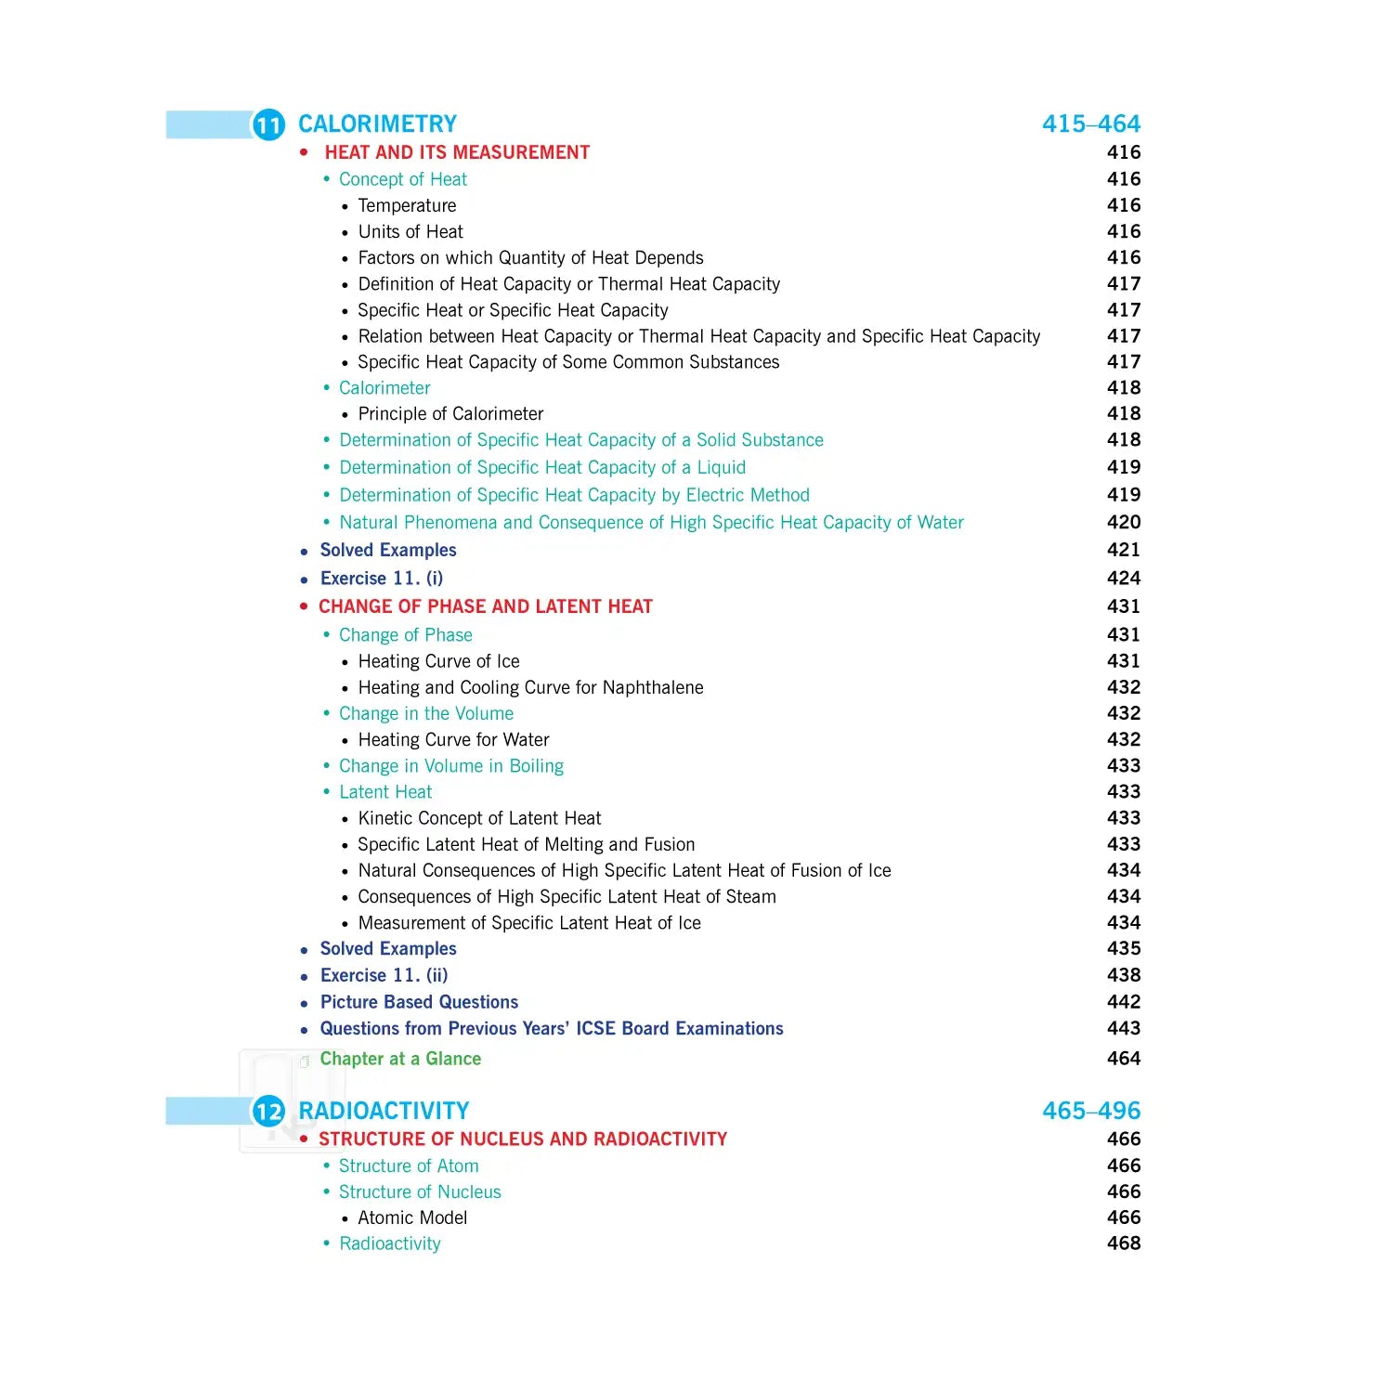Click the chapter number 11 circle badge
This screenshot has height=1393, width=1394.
click(268, 124)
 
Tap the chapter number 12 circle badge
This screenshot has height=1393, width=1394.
click(268, 1111)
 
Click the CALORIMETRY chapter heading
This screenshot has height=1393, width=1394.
click(377, 124)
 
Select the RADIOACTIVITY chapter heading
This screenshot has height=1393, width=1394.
click(384, 1111)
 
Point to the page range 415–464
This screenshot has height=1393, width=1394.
click(1090, 124)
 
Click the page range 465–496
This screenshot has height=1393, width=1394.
click(1090, 1111)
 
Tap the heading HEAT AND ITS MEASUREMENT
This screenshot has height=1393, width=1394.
click(457, 152)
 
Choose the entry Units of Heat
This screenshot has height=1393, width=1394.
click(410, 232)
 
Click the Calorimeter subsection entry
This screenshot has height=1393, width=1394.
click(384, 388)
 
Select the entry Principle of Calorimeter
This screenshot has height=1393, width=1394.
click(450, 414)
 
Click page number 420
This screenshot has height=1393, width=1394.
click(1123, 523)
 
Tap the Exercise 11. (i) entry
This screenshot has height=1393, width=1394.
click(382, 579)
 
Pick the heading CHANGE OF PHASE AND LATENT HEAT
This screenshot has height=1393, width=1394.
click(486, 607)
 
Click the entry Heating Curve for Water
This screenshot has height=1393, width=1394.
click(453, 740)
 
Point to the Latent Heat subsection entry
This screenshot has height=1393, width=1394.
click(385, 792)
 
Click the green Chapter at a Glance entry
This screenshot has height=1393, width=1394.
click(400, 1060)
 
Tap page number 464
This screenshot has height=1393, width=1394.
click(1123, 1059)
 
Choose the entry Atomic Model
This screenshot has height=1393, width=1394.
click(412, 1218)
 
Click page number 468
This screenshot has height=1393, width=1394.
click(1123, 1243)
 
